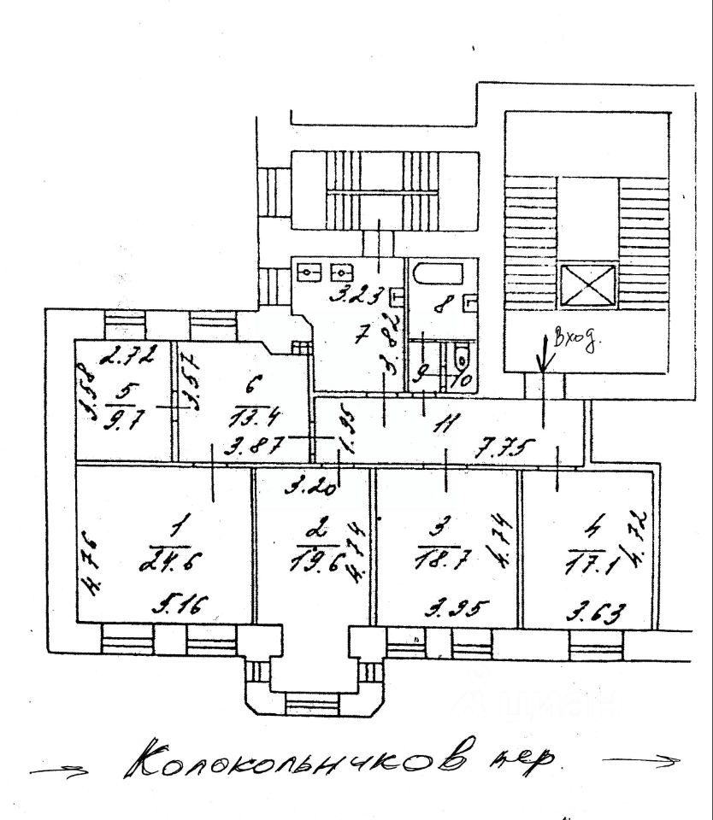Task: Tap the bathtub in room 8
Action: pyautogui.click(x=436, y=277)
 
